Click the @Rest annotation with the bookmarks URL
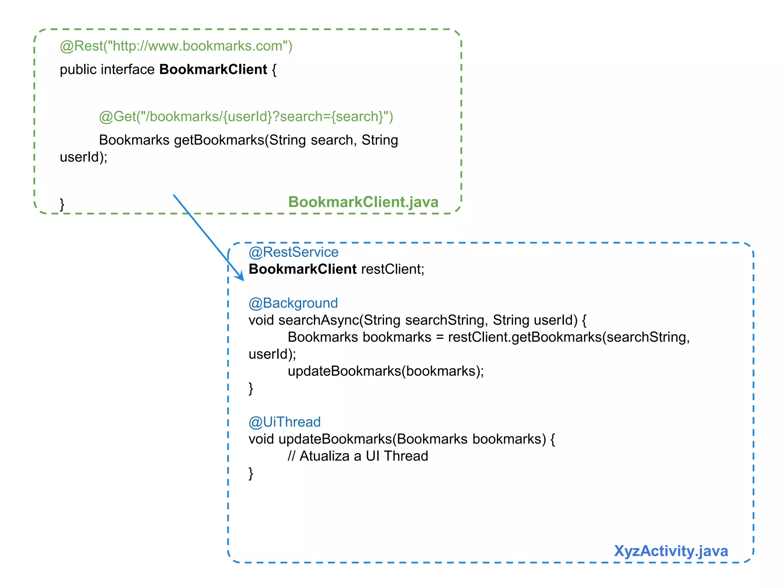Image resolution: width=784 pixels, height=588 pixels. (176, 46)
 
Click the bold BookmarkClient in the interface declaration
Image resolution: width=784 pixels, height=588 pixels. (213, 70)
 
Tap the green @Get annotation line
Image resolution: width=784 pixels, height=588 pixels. (246, 116)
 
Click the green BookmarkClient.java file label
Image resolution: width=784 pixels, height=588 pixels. (363, 202)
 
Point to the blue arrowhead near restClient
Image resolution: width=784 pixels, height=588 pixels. (241, 277)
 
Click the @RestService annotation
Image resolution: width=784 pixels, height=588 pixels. (293, 252)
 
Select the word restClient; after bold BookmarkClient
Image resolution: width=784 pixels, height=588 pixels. (392, 269)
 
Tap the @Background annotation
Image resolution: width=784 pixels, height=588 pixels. (293, 303)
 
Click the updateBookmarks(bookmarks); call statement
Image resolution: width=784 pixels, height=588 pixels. (385, 371)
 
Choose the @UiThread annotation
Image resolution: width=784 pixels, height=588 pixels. (284, 422)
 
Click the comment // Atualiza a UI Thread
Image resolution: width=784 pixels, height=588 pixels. (358, 456)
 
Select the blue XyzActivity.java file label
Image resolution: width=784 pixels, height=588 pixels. (671, 551)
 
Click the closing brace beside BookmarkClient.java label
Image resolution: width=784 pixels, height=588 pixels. (62, 204)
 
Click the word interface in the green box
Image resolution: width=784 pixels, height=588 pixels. (127, 70)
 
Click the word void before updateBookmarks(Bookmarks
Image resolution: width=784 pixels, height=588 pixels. (261, 439)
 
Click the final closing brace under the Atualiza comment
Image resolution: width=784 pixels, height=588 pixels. (251, 473)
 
